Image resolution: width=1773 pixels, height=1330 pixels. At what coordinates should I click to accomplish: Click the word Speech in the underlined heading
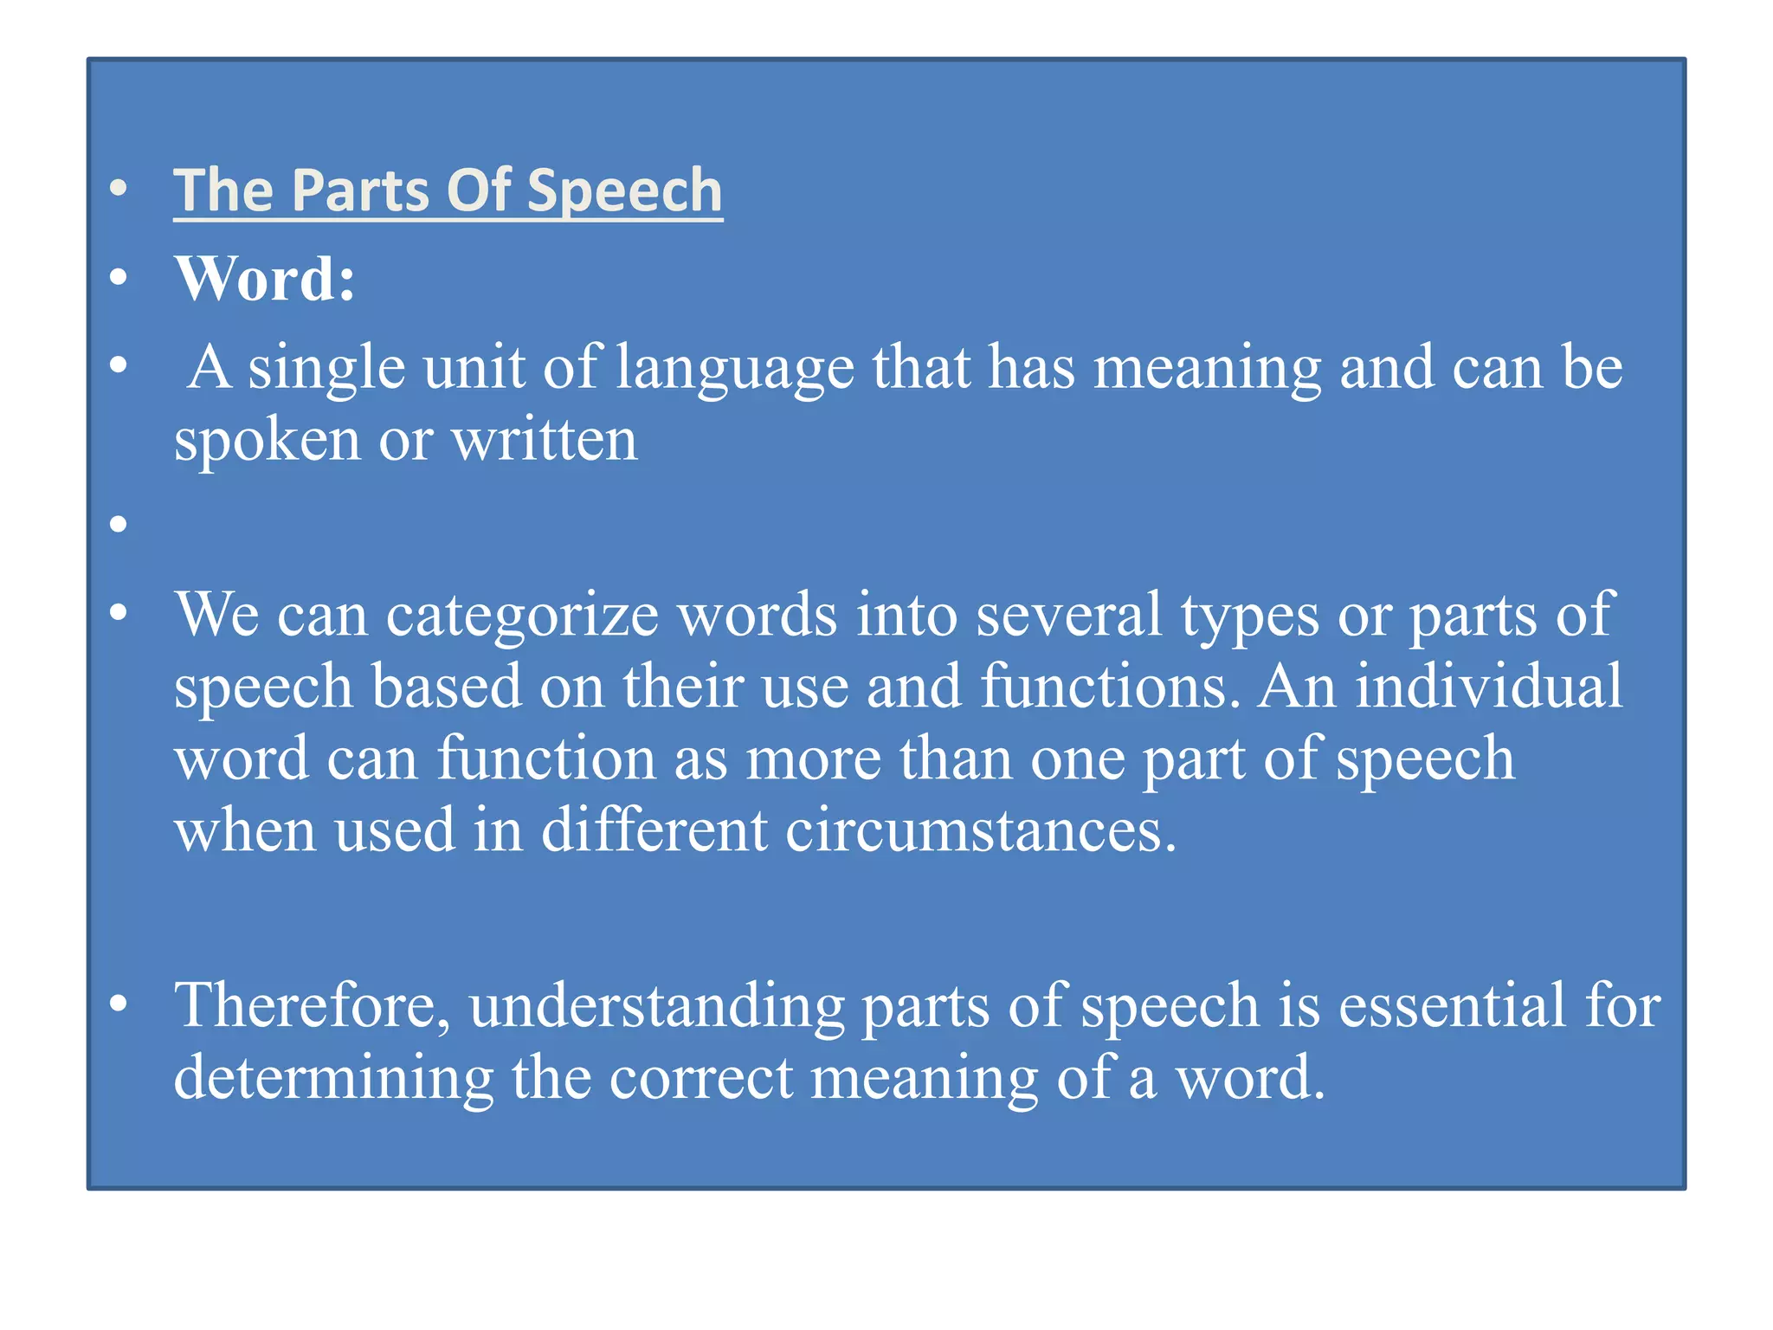click(624, 190)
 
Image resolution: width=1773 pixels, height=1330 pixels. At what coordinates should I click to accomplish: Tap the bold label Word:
click(265, 279)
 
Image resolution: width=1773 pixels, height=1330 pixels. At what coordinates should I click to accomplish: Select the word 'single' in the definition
click(326, 368)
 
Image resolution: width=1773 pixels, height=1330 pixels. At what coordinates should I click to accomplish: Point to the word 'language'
click(735, 368)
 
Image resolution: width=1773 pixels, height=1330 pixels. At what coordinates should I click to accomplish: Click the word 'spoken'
click(267, 441)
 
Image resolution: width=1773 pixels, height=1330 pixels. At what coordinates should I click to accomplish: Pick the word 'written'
click(545, 440)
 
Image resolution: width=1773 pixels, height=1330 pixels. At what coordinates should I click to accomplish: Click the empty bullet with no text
click(119, 523)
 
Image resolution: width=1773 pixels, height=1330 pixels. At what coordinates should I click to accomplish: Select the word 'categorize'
click(523, 615)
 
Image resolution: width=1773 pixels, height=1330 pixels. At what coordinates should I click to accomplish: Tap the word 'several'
click(1069, 615)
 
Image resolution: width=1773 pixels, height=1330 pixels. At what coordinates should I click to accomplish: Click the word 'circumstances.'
click(981, 830)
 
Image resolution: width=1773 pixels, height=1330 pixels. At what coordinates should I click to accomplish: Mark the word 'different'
click(654, 830)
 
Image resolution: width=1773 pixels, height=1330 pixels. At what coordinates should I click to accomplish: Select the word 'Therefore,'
click(313, 1006)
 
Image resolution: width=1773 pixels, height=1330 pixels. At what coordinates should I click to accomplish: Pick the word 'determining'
click(333, 1079)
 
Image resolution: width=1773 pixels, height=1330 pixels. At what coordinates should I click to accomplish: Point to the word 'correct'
click(701, 1079)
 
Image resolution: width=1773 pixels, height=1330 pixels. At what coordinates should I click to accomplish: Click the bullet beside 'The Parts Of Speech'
click(119, 188)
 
